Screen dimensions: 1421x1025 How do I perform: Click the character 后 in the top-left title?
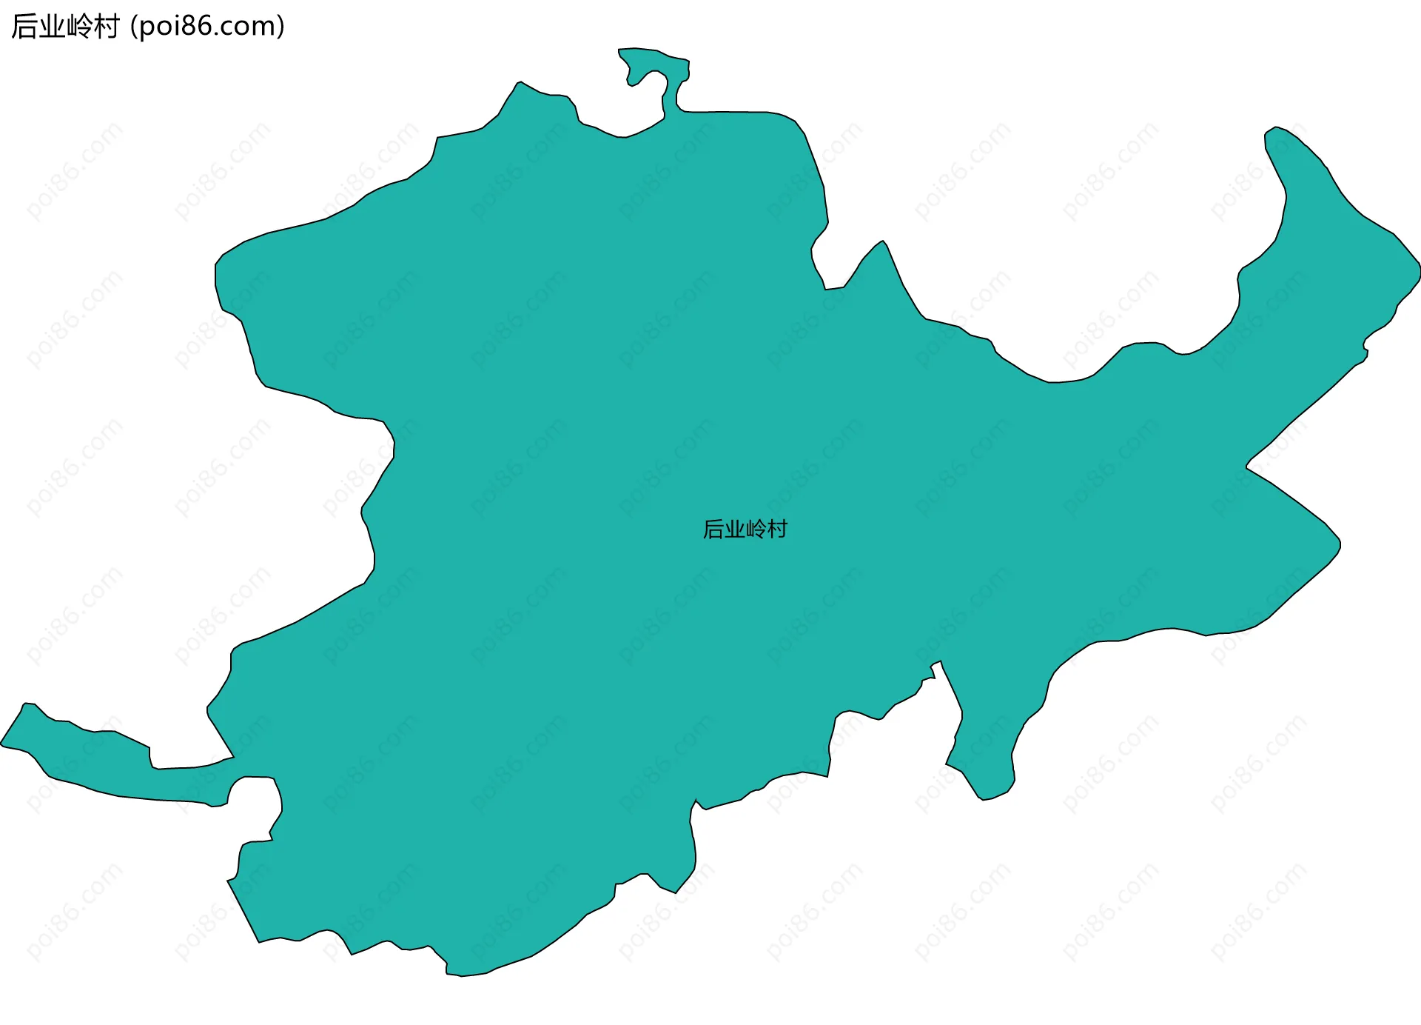[25, 27]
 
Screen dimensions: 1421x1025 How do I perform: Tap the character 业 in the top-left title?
[53, 27]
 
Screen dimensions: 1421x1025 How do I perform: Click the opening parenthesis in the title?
[133, 27]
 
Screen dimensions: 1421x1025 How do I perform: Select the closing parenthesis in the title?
[280, 27]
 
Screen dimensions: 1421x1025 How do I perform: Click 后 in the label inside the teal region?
[713, 530]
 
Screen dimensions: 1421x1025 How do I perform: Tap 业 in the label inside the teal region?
[735, 530]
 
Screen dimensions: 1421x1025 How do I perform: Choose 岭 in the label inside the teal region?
[756, 530]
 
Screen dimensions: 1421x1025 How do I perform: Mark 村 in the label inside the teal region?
[778, 530]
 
